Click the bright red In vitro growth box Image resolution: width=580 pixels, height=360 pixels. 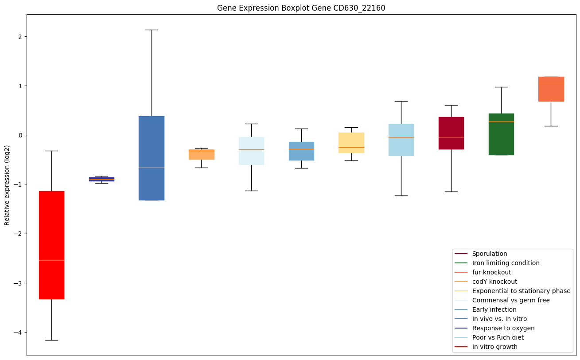pyautogui.click(x=51, y=245)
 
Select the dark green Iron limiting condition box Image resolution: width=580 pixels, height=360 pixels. pyautogui.click(x=501, y=134)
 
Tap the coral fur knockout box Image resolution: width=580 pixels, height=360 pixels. pyautogui.click(x=551, y=89)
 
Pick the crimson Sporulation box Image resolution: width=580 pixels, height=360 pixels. pyautogui.click(x=451, y=133)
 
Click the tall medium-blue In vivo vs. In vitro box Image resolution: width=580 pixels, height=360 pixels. pyautogui.click(x=152, y=158)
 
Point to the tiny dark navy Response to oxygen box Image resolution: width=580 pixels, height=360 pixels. pyautogui.click(x=101, y=179)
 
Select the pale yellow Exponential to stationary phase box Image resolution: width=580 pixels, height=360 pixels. pyautogui.click(x=351, y=143)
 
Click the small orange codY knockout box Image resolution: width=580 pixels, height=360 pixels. pyautogui.click(x=202, y=154)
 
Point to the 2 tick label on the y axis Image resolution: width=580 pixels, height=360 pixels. pyautogui.click(x=20, y=36)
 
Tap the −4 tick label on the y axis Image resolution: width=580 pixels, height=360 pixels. pyautogui.click(x=18, y=333)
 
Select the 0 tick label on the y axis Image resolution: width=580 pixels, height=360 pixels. pyautogui.click(x=20, y=135)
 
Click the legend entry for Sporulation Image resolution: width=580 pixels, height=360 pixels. pyautogui.click(x=489, y=254)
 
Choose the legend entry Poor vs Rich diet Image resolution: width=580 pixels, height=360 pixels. pyautogui.click(x=498, y=338)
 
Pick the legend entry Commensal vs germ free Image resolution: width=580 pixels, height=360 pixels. pyautogui.click(x=510, y=301)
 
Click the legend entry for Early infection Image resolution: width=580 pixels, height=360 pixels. pyautogui.click(x=494, y=310)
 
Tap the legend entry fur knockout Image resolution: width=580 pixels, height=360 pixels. pyautogui.click(x=491, y=273)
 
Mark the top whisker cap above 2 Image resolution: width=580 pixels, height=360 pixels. pyautogui.click(x=152, y=30)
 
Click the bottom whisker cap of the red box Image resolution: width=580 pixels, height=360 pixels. pyautogui.click(x=51, y=340)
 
